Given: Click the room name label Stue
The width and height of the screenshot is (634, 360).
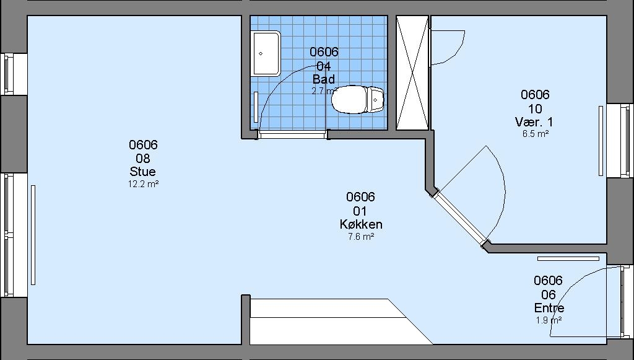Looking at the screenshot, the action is (143, 172).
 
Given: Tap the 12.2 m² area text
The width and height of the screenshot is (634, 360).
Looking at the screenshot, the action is (143, 184).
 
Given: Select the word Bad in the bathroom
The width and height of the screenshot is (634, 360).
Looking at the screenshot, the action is (323, 79).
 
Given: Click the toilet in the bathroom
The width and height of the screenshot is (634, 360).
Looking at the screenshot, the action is (358, 100).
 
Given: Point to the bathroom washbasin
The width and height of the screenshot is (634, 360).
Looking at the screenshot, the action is (266, 53).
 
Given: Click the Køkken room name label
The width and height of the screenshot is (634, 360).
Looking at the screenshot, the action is (361, 224).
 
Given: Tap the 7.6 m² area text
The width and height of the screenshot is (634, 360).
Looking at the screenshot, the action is (361, 237).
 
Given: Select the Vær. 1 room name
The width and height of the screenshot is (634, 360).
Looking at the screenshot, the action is (534, 121).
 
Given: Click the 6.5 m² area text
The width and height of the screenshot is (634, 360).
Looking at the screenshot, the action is (536, 134).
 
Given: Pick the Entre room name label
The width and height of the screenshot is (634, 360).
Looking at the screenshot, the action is (549, 308).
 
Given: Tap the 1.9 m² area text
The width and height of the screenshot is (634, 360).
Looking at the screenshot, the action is (549, 320).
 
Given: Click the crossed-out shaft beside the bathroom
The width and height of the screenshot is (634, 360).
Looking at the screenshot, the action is (412, 73).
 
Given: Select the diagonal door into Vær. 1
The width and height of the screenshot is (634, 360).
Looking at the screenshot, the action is (461, 219).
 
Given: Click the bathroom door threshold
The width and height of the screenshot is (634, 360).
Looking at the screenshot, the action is (293, 134).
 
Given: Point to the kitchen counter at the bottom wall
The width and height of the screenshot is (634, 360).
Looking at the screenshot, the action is (341, 322).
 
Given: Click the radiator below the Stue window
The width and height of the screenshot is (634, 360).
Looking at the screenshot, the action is (33, 235).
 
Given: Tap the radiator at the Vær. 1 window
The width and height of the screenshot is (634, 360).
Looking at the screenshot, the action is (601, 141).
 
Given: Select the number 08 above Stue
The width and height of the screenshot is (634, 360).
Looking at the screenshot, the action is (143, 158).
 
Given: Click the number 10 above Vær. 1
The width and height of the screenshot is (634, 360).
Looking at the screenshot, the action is (535, 108).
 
